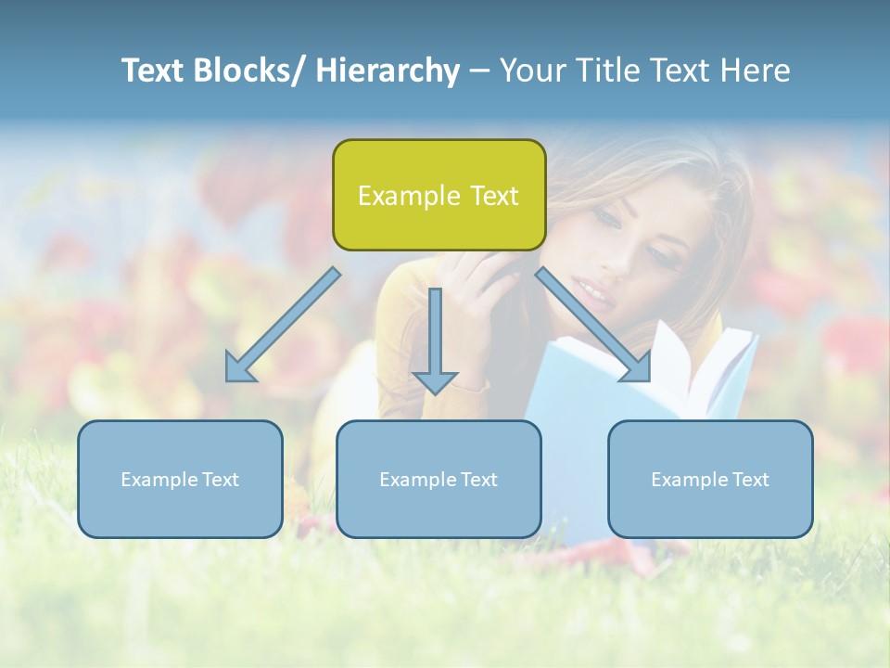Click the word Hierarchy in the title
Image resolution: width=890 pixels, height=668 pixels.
387,71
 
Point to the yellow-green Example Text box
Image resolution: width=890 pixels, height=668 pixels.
439,195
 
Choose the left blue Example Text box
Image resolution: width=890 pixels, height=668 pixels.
180,479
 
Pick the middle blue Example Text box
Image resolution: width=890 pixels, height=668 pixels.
439,479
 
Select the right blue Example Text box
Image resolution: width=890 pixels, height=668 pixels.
710,479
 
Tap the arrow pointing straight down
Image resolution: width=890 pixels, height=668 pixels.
435,339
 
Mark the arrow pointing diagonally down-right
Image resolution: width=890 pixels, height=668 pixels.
593,325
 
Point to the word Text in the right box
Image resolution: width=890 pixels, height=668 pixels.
749,480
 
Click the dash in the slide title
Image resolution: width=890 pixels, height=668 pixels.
479,71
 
